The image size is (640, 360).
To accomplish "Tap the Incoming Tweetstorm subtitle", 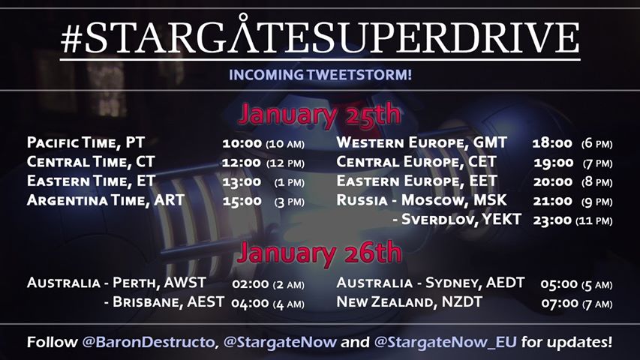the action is [x=320, y=75].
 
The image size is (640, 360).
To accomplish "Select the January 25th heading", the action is [x=320, y=115].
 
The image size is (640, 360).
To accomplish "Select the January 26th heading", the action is [x=320, y=253].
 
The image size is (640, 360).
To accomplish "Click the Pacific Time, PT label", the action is [x=86, y=142].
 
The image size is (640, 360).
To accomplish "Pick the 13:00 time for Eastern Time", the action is [x=242, y=181].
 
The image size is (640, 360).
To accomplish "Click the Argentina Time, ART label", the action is [x=106, y=200].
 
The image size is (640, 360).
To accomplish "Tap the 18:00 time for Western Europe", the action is [x=552, y=143].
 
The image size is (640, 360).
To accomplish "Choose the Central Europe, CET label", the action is [x=416, y=162].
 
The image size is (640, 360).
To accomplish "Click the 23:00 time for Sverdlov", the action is [x=552, y=220].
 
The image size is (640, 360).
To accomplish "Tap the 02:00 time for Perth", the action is [x=251, y=283].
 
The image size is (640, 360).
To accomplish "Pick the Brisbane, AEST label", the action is [x=168, y=302].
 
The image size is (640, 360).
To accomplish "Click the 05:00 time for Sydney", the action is [x=559, y=283].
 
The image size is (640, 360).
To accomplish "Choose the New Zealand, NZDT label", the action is [x=410, y=302].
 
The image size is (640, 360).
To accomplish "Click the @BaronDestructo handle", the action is [x=149, y=342].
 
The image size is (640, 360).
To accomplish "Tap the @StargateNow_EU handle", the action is [x=446, y=342].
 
